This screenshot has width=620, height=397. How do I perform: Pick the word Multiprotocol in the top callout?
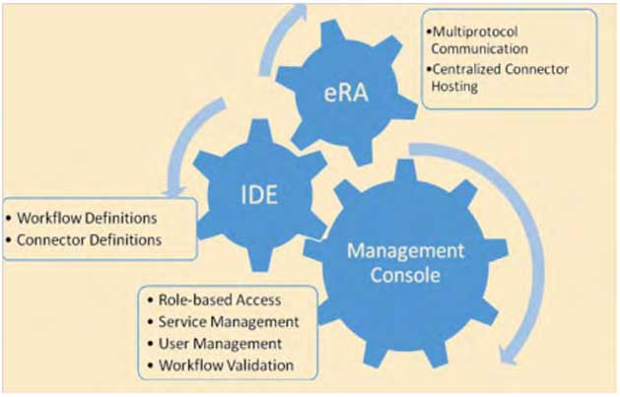click(465, 28)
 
